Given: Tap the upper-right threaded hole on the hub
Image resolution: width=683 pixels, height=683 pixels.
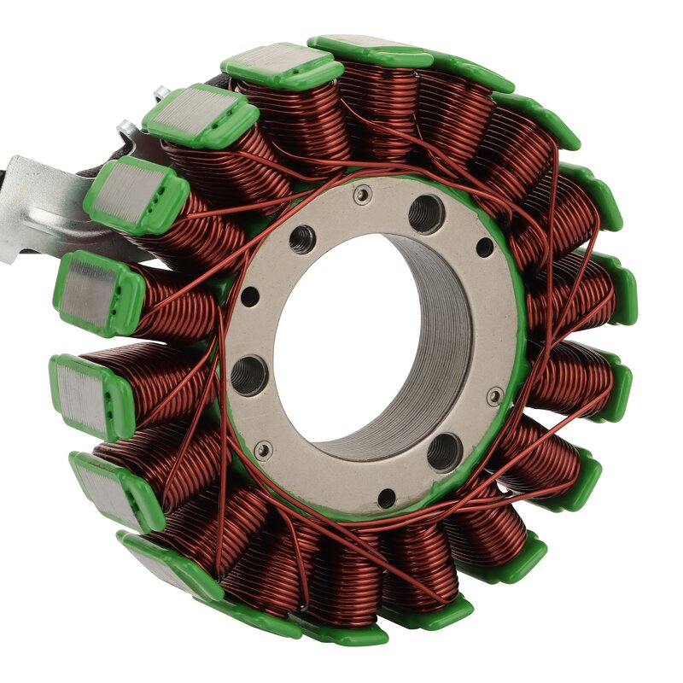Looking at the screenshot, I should (x=426, y=213).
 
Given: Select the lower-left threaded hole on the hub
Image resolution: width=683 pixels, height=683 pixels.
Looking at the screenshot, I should (x=248, y=376).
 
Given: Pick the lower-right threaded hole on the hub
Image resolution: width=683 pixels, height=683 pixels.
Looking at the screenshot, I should (x=444, y=451).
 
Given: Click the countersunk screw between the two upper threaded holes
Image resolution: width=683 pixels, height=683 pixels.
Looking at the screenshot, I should (x=363, y=196).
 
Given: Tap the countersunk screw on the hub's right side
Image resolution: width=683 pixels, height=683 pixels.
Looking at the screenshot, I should (x=494, y=395).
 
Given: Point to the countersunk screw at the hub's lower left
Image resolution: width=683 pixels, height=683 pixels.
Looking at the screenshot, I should (x=264, y=449).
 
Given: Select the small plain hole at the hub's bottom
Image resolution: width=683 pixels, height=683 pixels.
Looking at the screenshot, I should (x=387, y=498).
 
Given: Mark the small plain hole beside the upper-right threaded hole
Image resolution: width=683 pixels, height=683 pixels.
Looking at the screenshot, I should (x=484, y=248).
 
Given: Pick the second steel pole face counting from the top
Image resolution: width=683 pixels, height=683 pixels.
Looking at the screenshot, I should (x=199, y=114).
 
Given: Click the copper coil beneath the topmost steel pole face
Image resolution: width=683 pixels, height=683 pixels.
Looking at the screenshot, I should (x=290, y=120).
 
